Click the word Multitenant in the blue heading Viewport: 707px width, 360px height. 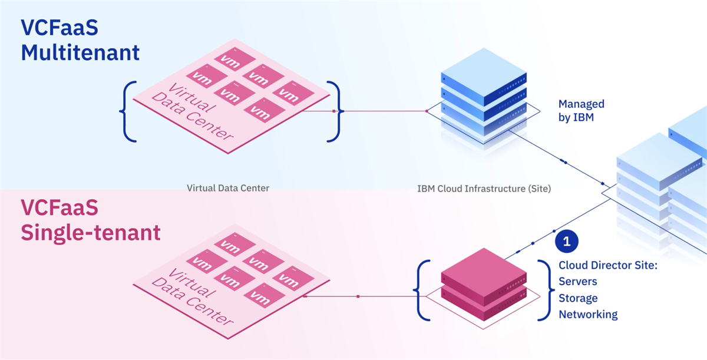point(80,52)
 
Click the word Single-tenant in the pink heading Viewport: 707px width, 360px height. point(91,232)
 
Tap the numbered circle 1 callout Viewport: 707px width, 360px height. point(567,240)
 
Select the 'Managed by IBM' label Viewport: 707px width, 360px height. point(581,110)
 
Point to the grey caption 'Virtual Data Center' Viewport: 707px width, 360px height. point(228,189)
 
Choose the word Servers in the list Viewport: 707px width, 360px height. point(578,282)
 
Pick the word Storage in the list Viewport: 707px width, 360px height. point(578,298)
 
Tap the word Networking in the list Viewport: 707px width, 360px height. point(588,314)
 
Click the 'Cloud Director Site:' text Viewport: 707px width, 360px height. point(607,266)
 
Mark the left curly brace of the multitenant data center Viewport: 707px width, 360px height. point(128,111)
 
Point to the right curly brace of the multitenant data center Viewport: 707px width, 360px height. point(334,111)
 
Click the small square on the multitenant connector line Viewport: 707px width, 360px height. point(334,111)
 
